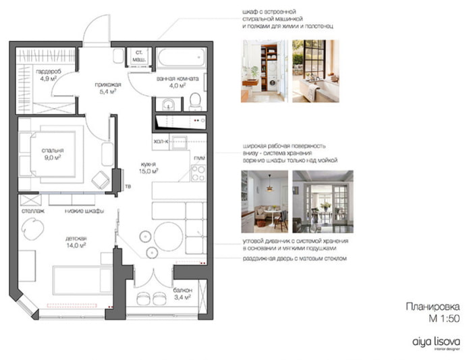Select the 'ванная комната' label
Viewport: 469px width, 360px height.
(177, 78)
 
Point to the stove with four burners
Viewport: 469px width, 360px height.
(197, 174)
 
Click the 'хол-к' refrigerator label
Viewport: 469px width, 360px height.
(159, 142)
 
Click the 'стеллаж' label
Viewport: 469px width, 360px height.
(33, 210)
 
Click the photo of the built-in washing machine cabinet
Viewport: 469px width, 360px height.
(265, 70)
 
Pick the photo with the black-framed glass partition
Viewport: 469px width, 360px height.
(316, 70)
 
